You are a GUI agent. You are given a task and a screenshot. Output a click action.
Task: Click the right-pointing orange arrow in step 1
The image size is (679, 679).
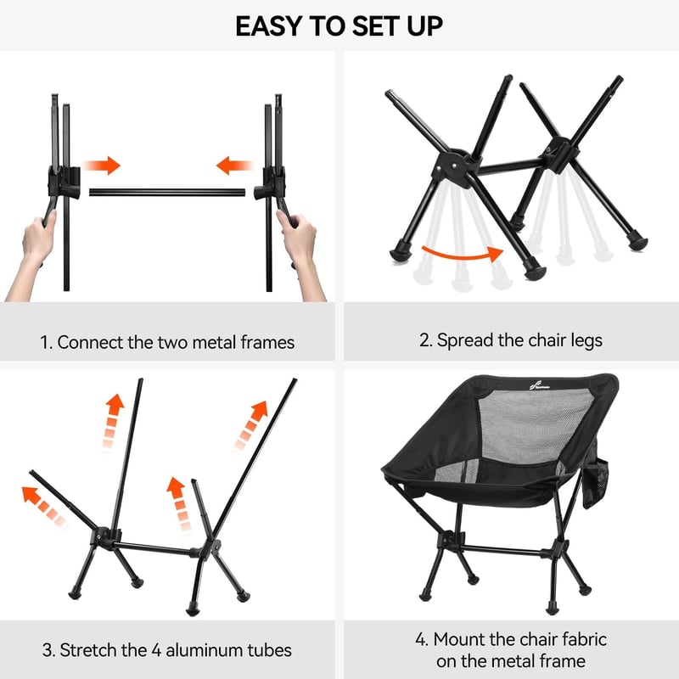point(102,166)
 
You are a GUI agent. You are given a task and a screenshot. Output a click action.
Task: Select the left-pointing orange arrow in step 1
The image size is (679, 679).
point(235,166)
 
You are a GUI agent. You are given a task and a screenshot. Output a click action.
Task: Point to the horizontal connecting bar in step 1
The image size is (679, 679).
point(167,193)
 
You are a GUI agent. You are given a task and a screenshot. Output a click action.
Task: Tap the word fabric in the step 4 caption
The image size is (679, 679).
point(583,640)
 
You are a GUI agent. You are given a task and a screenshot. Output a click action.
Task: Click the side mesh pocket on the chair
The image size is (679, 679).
point(596,483)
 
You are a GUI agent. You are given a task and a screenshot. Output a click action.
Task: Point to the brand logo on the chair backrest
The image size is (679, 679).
point(540,385)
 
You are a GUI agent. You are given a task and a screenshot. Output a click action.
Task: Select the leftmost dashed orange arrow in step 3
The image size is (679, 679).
point(45,507)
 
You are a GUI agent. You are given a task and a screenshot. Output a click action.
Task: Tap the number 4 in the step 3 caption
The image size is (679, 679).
point(156,650)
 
